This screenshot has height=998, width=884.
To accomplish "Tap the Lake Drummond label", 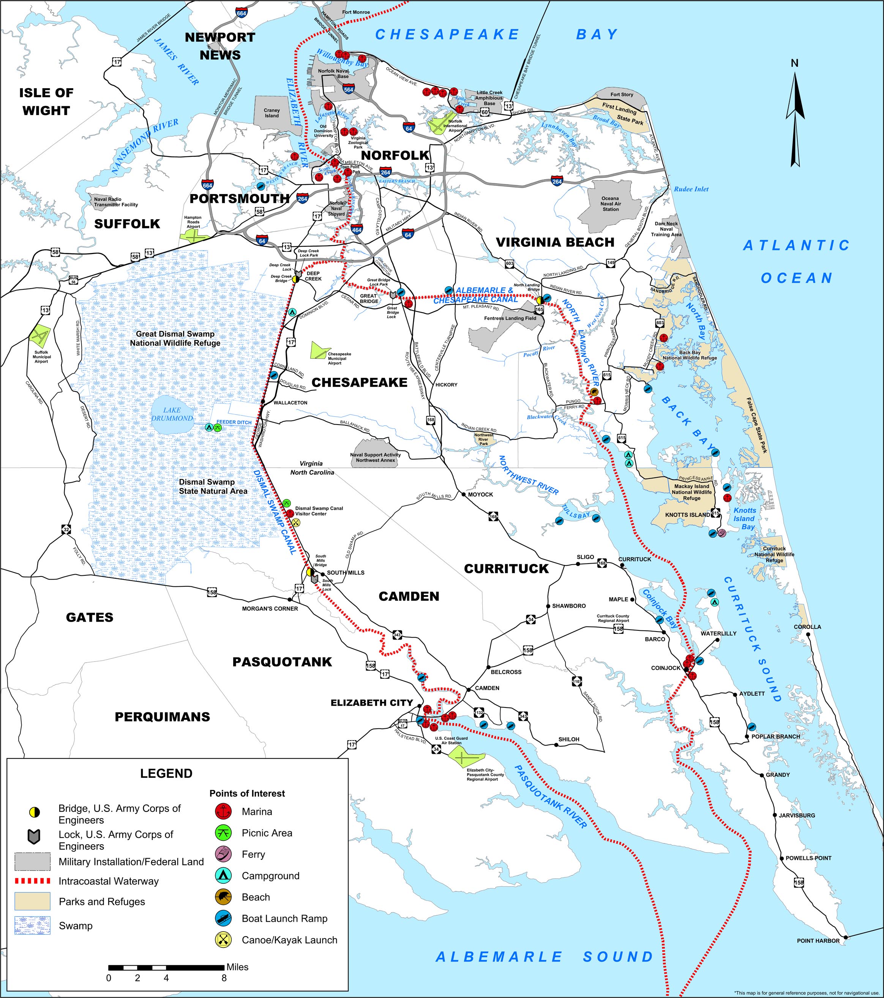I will pyautogui.click(x=172, y=414).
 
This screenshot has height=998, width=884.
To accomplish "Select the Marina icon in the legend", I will pyautogui.click(x=223, y=812).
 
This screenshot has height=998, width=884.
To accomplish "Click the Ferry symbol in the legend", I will pyautogui.click(x=223, y=854).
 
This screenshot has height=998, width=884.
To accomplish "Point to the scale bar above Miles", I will pyautogui.click(x=166, y=967).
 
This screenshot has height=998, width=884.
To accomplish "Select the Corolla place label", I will pyautogui.click(x=807, y=627).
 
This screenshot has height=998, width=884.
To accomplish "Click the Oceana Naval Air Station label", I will pyautogui.click(x=610, y=204).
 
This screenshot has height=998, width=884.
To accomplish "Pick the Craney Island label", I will pyautogui.click(x=272, y=113).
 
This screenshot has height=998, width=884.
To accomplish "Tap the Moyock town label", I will pyautogui.click(x=480, y=494).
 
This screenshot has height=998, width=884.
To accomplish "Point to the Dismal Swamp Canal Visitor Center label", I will pyautogui.click(x=319, y=511).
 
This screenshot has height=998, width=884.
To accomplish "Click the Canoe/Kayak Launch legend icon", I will pyautogui.click(x=223, y=940).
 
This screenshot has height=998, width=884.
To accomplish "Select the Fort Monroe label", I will pyautogui.click(x=356, y=12).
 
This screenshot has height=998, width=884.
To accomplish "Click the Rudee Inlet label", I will pyautogui.click(x=691, y=189).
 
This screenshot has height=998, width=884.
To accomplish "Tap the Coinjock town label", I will pyautogui.click(x=665, y=668).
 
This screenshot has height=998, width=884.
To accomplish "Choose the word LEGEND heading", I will pyautogui.click(x=166, y=774).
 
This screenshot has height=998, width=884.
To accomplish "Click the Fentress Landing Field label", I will pyautogui.click(x=510, y=318).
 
